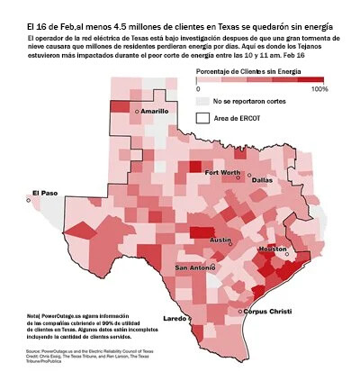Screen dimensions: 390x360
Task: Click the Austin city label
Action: click(220, 240)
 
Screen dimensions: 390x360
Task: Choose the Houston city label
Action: click(272, 249)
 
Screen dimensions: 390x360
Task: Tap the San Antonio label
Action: click(195, 268)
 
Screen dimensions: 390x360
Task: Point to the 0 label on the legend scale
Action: click(198, 89)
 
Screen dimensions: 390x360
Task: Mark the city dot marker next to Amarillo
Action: click(136, 111)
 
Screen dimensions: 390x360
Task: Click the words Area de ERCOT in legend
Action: click(241, 117)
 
